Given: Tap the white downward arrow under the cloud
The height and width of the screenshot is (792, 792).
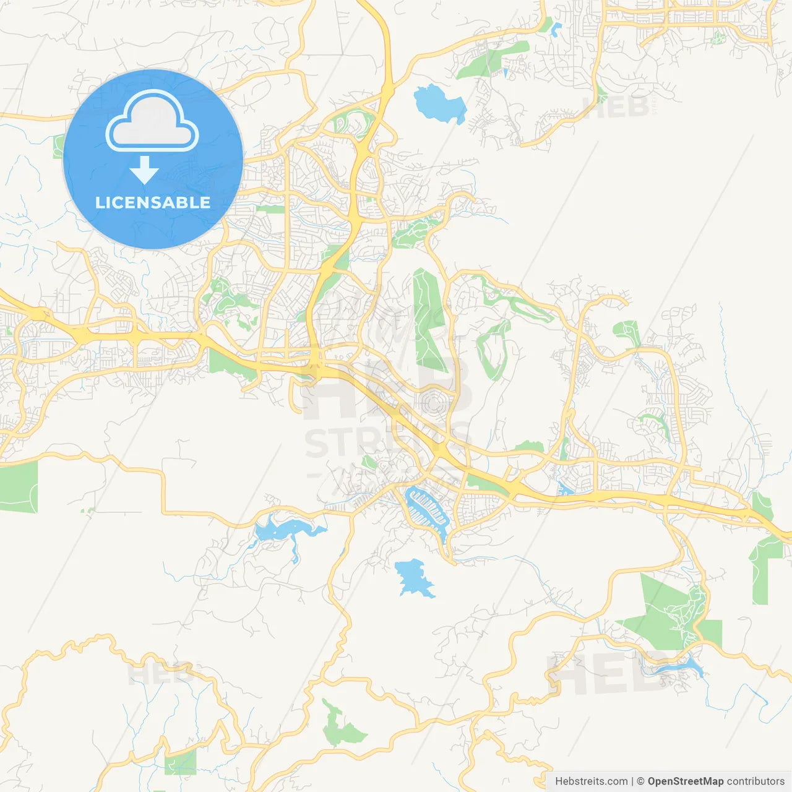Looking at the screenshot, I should click(x=144, y=170).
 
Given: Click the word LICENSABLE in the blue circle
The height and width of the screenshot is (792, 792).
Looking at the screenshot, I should click(x=153, y=202).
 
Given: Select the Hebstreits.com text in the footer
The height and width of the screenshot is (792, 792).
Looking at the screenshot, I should click(x=591, y=781).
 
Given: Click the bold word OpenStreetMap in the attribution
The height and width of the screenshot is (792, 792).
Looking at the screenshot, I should click(x=685, y=781).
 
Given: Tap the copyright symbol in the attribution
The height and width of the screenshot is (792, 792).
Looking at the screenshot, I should click(x=640, y=781).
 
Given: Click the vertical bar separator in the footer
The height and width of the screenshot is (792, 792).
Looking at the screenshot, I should click(x=632, y=781).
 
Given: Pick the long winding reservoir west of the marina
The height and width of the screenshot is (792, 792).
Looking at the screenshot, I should click(x=282, y=531).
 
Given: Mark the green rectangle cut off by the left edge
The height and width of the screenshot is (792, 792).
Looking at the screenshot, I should click(x=18, y=487).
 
